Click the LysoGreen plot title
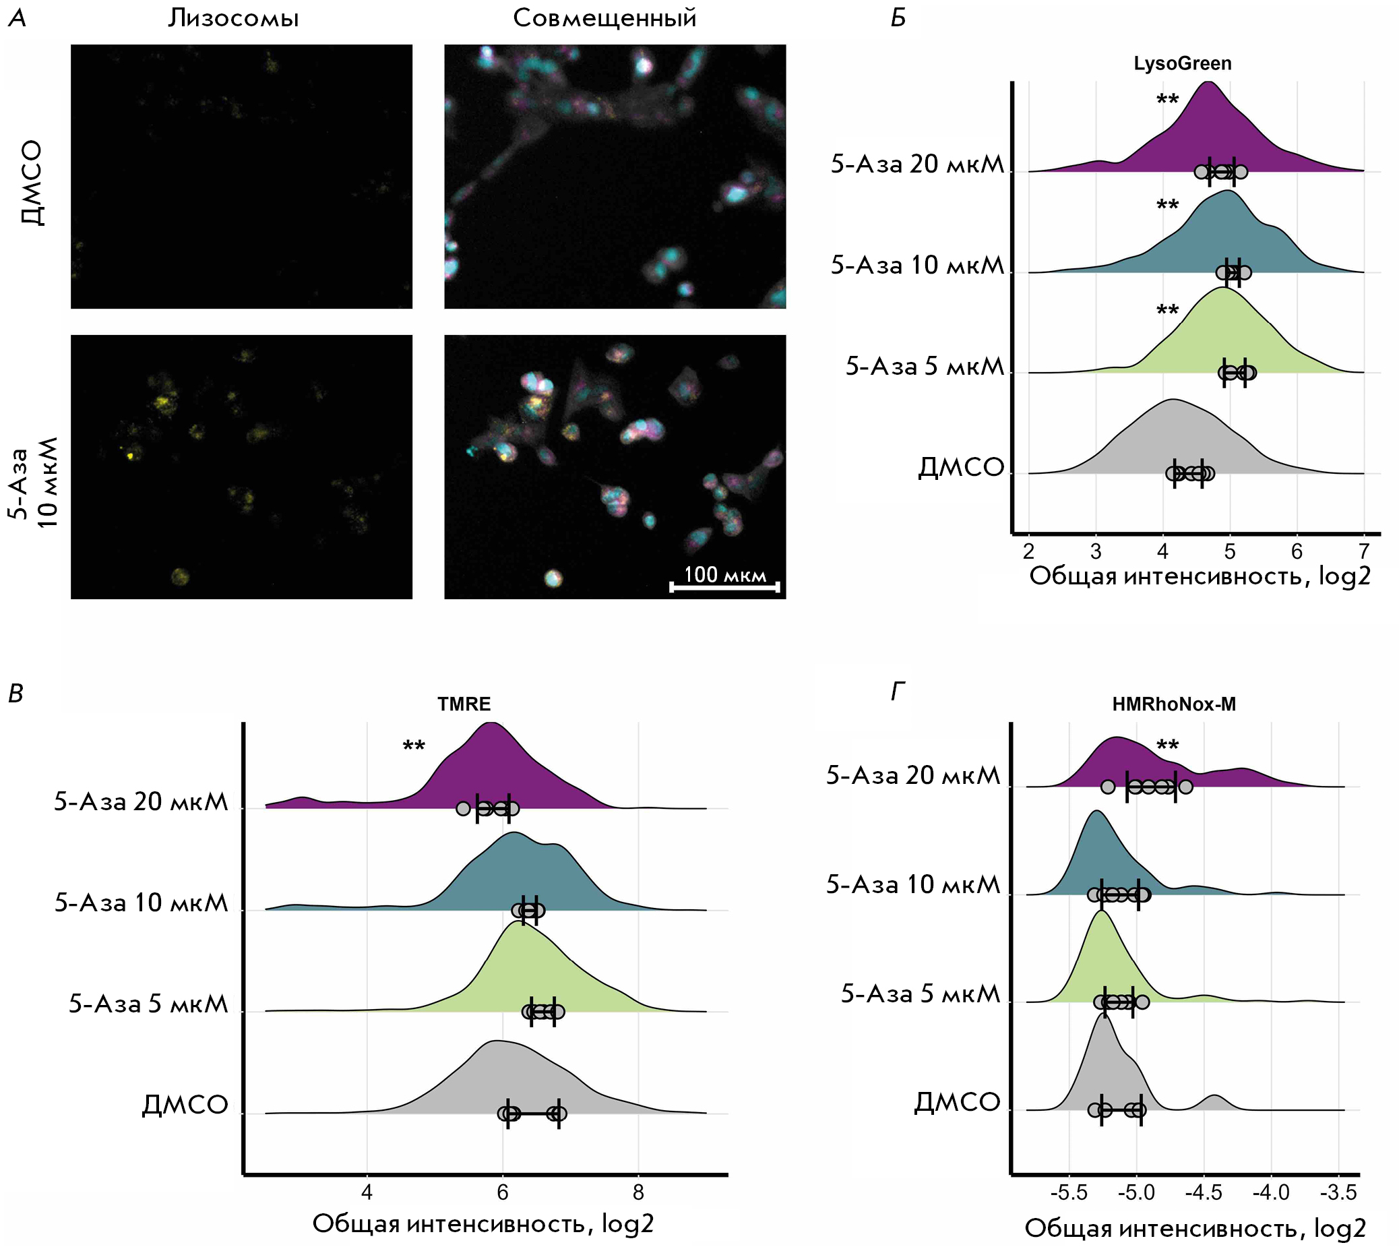point(1182,64)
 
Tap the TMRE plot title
point(464,704)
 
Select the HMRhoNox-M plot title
point(1174,704)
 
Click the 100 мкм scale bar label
point(724,574)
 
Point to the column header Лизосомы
point(233,18)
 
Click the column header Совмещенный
point(604,18)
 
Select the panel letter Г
point(898,692)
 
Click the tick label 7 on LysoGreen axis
point(1363,551)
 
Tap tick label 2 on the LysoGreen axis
point(1028,551)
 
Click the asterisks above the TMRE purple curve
point(414,747)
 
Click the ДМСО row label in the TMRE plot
point(185,1105)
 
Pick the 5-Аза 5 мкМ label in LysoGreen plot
point(924,367)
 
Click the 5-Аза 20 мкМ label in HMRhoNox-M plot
point(912,775)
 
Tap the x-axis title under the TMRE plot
point(483,1223)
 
